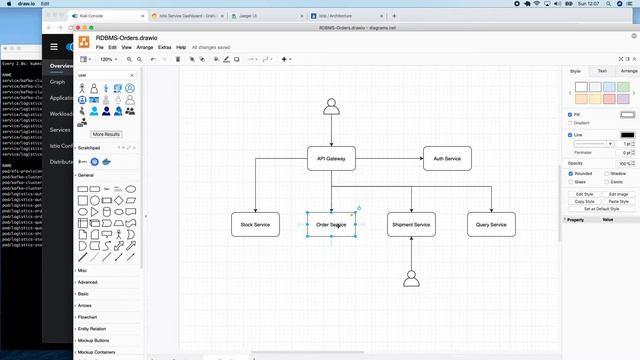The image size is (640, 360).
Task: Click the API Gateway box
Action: click(x=331, y=158)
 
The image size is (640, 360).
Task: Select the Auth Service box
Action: click(x=446, y=158)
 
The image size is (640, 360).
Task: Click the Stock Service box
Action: click(x=255, y=224)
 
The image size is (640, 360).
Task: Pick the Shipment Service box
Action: click(x=411, y=224)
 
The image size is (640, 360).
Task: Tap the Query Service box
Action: click(x=491, y=224)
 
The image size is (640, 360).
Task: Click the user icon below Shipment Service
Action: click(x=411, y=279)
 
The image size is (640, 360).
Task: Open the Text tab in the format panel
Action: click(x=602, y=71)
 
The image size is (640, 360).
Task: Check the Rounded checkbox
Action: click(x=570, y=173)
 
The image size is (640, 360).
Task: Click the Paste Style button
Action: click(x=619, y=201)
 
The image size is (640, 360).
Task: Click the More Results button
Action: click(x=106, y=134)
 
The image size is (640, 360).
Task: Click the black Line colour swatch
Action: click(x=627, y=134)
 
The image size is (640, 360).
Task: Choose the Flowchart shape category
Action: click(x=88, y=317)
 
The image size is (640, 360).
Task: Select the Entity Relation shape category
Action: click(x=91, y=329)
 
